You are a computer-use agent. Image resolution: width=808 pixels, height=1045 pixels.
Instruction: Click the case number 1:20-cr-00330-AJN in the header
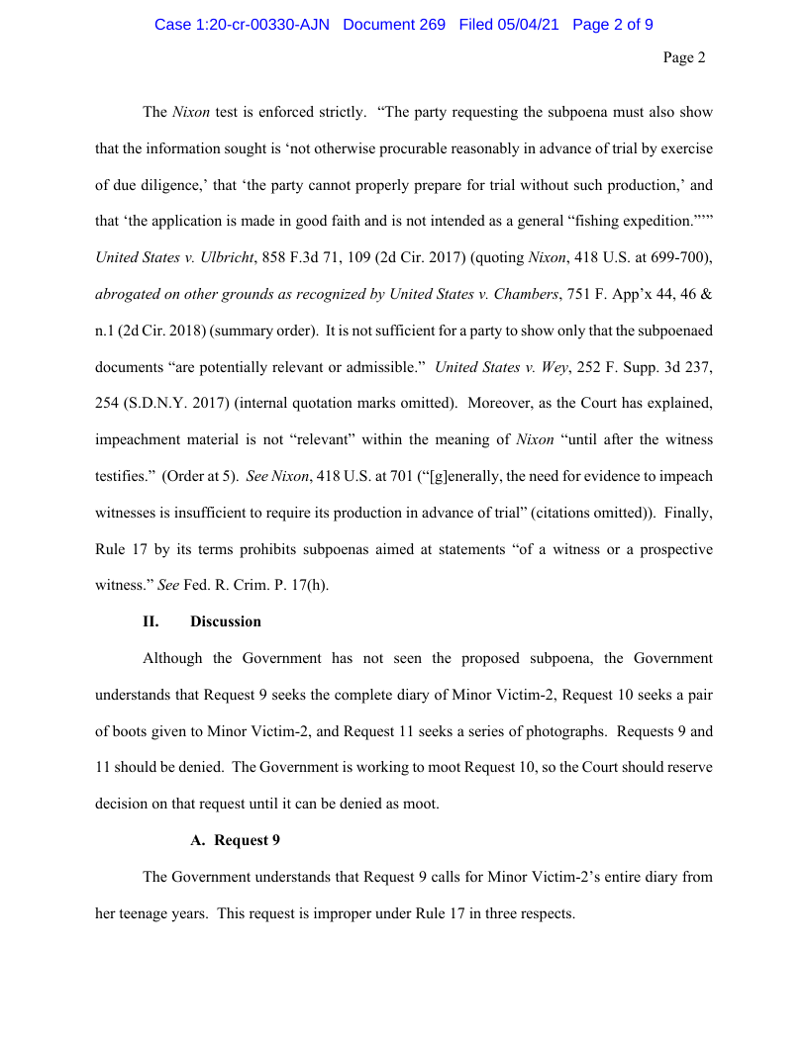tap(242, 25)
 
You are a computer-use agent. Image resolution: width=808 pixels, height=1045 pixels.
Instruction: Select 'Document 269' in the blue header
tap(394, 25)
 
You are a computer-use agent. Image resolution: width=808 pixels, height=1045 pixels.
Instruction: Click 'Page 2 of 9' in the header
tap(613, 25)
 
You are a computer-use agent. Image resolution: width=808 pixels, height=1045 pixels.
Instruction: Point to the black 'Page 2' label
tap(684, 58)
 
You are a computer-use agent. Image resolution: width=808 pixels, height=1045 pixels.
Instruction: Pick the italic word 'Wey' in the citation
tap(554, 367)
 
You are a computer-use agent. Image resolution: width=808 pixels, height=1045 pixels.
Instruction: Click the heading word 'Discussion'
tap(226, 621)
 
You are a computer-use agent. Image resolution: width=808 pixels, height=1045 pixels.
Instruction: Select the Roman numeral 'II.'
tap(151, 621)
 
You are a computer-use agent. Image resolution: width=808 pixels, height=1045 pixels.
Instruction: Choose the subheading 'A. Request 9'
tap(235, 840)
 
